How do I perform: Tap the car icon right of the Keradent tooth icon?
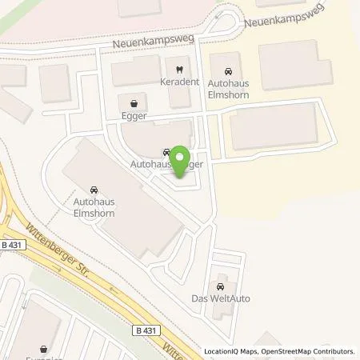(231, 69)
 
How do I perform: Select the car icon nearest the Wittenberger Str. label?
(95, 190)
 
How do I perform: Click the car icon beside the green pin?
(166, 150)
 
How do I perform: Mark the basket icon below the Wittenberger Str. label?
(45, 350)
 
